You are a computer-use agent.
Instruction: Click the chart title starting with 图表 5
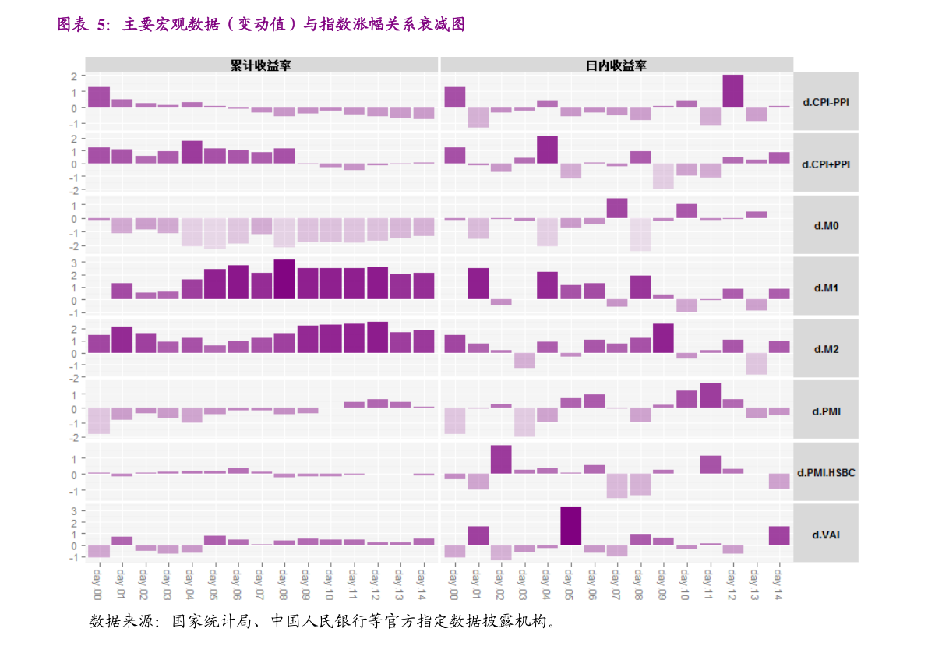(261, 25)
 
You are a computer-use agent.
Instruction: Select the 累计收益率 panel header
(261, 65)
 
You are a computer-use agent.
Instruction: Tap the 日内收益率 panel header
(616, 65)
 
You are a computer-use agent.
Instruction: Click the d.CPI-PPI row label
(825, 101)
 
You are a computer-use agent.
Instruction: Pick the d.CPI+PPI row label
(825, 164)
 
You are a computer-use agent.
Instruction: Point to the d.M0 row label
(825, 226)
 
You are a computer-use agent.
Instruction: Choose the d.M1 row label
(825, 288)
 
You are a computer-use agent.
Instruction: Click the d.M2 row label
(825, 349)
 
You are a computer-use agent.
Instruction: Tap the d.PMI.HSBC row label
(825, 472)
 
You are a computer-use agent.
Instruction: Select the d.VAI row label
(825, 535)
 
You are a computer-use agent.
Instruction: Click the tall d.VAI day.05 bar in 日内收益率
(571, 526)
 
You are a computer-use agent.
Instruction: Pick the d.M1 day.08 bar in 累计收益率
(284, 280)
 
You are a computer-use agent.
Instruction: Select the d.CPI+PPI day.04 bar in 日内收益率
(548, 150)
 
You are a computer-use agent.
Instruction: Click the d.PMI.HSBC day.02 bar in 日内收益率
(501, 460)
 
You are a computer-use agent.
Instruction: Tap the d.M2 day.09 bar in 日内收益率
(663, 338)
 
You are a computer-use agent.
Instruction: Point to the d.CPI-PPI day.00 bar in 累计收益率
(98, 97)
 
